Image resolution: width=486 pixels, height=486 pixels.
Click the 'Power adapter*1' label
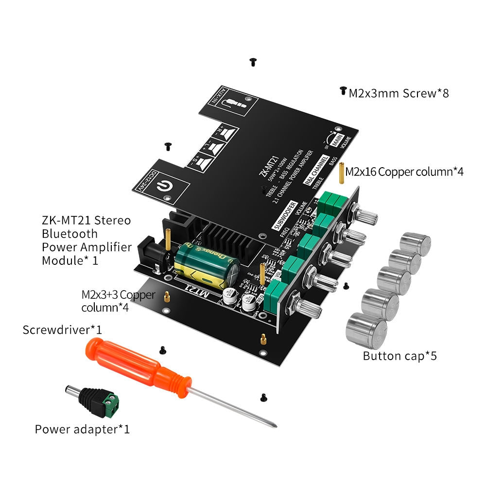82,429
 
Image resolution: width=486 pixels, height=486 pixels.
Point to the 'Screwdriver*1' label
62,330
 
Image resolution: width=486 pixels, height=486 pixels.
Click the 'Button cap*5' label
399,356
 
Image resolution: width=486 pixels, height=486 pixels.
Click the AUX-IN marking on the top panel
213,99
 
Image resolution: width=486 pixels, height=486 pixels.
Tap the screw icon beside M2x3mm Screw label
343,91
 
